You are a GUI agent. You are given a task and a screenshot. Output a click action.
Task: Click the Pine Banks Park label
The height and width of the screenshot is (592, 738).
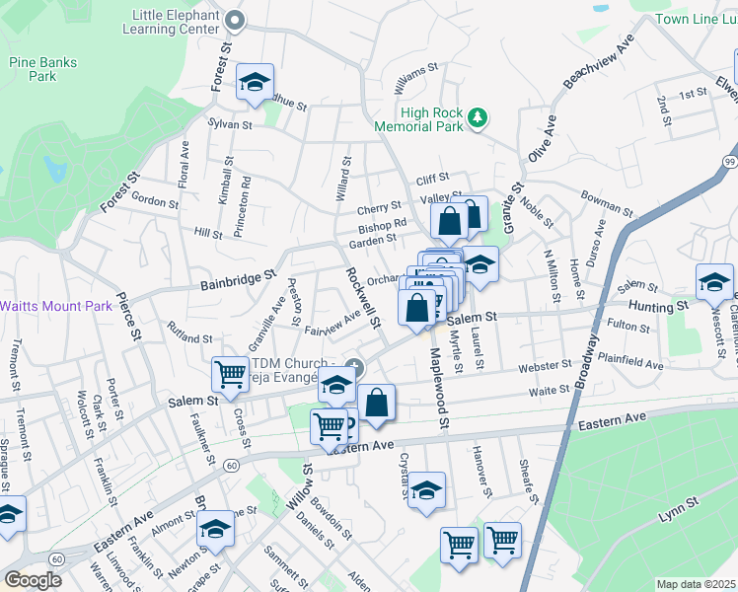coord(34,68)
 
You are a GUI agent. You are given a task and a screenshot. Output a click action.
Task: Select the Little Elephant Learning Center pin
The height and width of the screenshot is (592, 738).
coord(234,21)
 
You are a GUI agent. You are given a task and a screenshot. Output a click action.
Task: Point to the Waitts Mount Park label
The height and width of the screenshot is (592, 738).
coord(56,306)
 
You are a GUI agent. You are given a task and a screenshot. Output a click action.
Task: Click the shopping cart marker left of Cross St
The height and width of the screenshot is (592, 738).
coord(230,374)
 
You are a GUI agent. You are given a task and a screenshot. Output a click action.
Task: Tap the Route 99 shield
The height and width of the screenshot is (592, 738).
coord(729,161)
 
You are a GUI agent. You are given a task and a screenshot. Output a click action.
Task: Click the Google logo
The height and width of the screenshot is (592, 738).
coord(33,580)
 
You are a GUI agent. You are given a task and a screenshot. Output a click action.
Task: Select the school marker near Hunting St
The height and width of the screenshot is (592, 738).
coord(713,281)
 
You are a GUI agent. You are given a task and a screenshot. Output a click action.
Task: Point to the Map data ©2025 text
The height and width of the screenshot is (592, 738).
coord(697,584)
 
